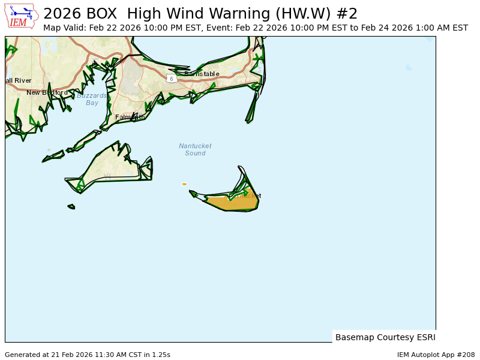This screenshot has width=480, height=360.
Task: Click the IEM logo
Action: tap(22, 16)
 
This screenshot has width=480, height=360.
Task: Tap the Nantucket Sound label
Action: tap(195, 149)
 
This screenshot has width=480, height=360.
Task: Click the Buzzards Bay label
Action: tap(92, 99)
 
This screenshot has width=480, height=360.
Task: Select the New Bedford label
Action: tap(47, 92)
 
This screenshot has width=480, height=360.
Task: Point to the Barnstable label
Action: tap(202, 74)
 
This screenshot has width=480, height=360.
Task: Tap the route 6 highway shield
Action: tap(172, 79)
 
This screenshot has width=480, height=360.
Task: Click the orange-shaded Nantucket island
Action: tap(234, 202)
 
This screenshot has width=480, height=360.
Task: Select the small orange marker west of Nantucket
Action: tap(184, 184)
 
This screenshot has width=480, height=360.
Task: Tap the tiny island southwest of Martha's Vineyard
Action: tap(71, 206)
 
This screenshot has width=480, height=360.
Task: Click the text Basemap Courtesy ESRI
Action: tap(385, 337)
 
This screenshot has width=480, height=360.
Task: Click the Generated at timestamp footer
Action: tap(88, 355)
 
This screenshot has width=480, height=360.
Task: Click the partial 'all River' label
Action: tap(18, 80)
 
